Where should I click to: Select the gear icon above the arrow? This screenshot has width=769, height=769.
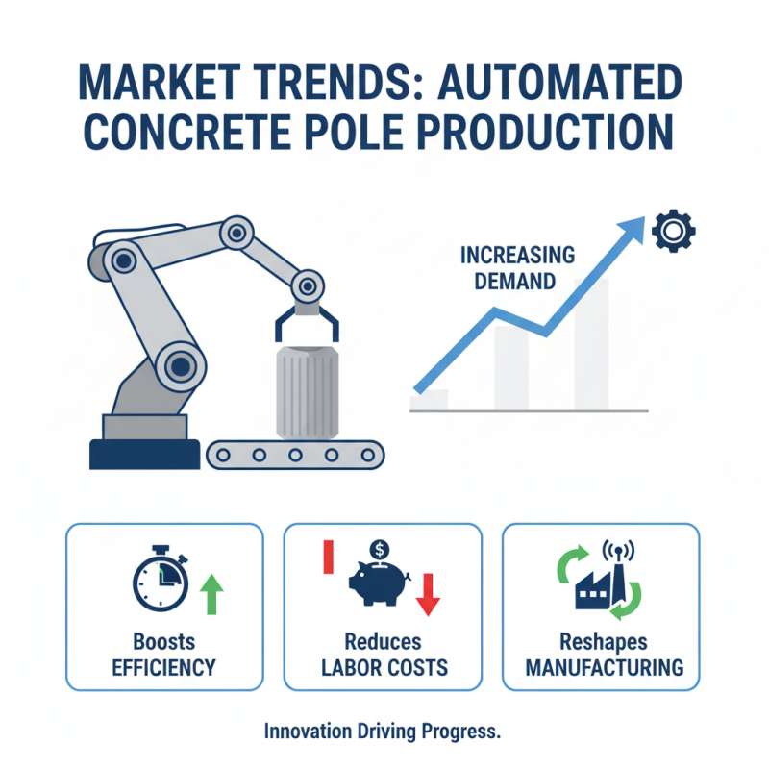pos(671,231)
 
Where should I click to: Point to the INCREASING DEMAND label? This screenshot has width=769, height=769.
pos(517,268)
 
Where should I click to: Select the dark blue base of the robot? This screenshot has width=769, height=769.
pos(143,452)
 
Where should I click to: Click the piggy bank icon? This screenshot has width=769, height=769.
pos(377,581)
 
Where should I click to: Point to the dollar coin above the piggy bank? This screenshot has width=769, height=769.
pos(379,550)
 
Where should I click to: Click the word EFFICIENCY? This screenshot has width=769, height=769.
pos(163,667)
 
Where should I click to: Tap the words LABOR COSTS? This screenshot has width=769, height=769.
pos(383,667)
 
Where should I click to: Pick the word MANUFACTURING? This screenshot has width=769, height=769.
pos(602,667)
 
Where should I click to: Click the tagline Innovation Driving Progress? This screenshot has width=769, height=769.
pos(383,732)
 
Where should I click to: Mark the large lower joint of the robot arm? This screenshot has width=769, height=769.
pos(180,364)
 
